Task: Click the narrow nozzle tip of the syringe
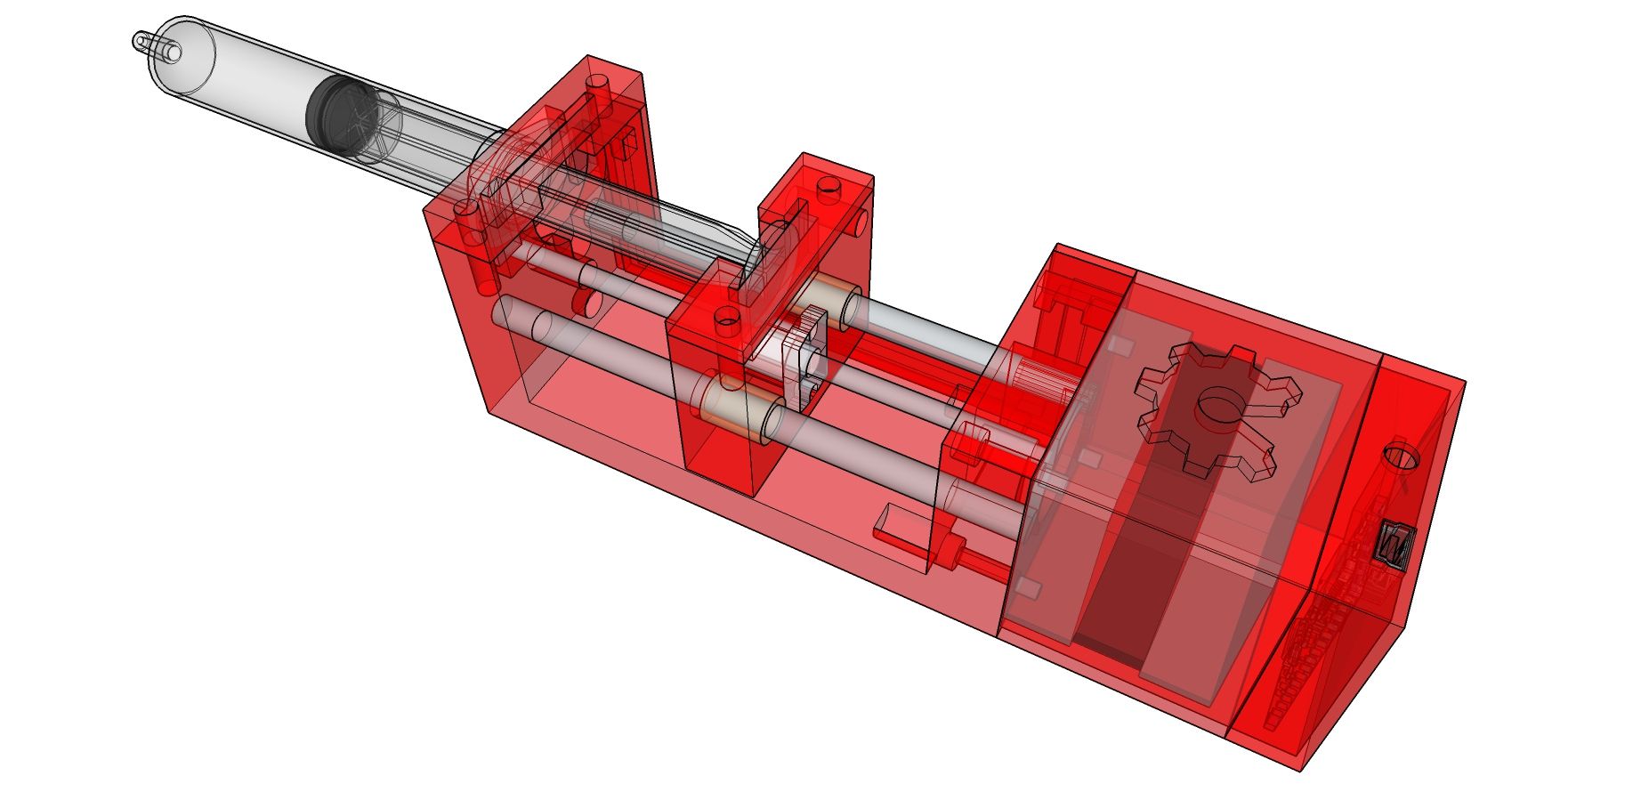tap(141, 41)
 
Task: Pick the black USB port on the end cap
tap(1394, 543)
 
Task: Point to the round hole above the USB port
tap(1401, 457)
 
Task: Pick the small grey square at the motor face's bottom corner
tap(1028, 588)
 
